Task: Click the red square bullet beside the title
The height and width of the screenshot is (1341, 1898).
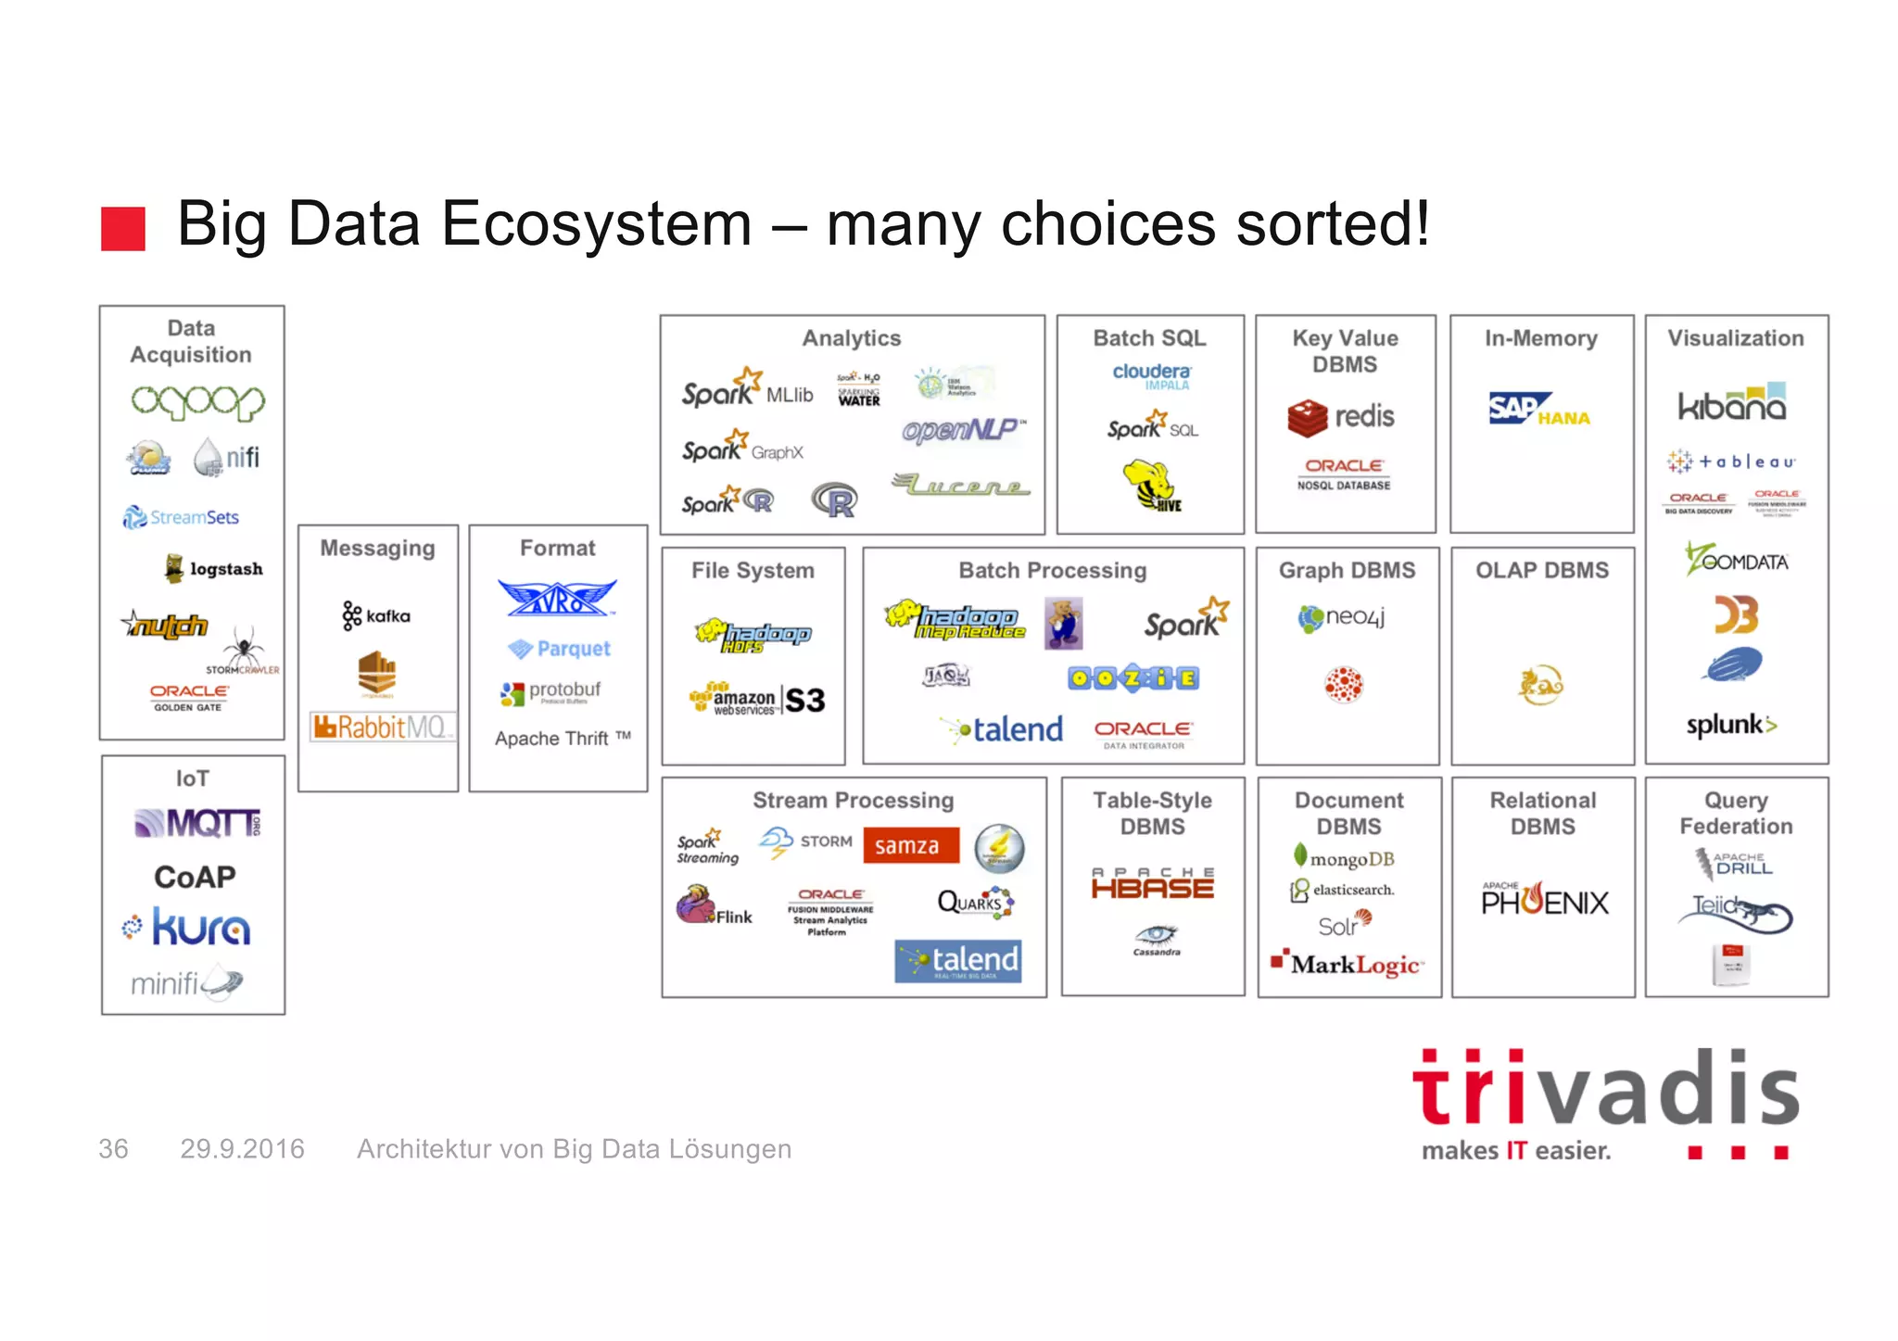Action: (x=123, y=228)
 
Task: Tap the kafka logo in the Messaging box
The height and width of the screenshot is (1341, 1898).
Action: (x=376, y=615)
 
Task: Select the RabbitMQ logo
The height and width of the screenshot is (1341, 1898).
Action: (x=381, y=727)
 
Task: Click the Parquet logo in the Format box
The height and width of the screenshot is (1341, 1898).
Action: (x=560, y=649)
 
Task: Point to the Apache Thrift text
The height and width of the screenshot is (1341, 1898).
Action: (x=562, y=739)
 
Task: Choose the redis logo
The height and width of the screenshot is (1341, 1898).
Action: (x=1341, y=417)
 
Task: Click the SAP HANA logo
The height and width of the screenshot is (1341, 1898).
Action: (x=1538, y=410)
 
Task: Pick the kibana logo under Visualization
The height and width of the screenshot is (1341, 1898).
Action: (x=1732, y=403)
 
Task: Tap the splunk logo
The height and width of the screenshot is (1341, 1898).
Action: (x=1730, y=725)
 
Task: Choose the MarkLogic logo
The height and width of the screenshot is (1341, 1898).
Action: (x=1348, y=965)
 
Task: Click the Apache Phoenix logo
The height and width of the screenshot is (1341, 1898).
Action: (x=1544, y=900)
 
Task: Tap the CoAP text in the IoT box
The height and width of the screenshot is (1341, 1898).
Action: (x=195, y=877)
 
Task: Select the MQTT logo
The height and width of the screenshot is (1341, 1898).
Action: (x=197, y=822)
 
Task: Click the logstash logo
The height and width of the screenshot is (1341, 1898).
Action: (x=214, y=568)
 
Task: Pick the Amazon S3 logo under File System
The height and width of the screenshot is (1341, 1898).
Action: (x=757, y=700)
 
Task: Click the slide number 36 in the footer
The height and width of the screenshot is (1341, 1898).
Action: (x=113, y=1149)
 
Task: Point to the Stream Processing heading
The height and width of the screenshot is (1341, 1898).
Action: (x=853, y=800)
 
